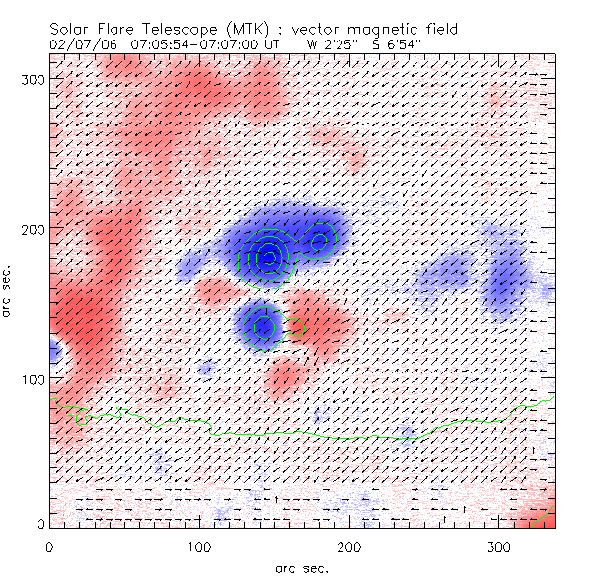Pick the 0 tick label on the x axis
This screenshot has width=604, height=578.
pyautogui.click(x=49, y=546)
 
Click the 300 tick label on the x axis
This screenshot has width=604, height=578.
pyautogui.click(x=499, y=546)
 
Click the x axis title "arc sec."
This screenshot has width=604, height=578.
pyautogui.click(x=301, y=568)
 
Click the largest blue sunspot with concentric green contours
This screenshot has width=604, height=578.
pyautogui.click(x=268, y=256)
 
